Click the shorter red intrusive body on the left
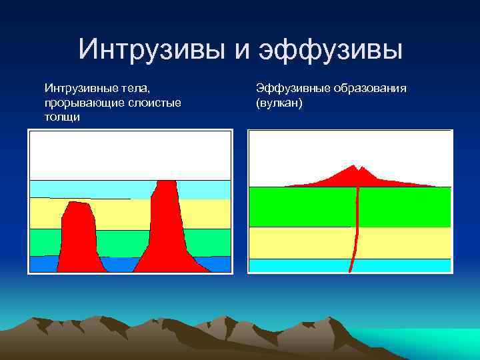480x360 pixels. [x=79, y=237]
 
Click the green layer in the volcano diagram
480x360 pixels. [x=300, y=207]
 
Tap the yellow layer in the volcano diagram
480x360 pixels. [x=300, y=243]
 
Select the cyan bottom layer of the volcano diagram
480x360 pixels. [x=300, y=265]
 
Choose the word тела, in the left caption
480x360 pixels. [x=137, y=88]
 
